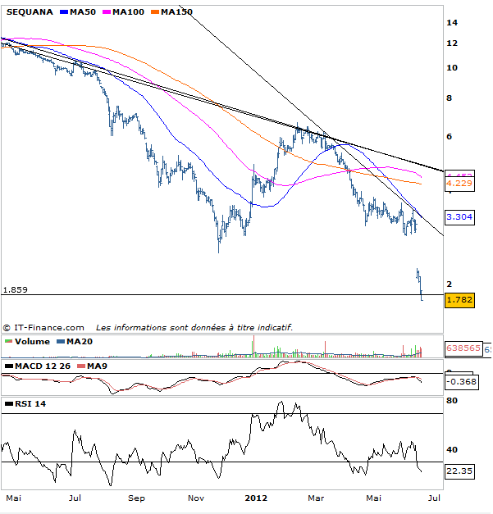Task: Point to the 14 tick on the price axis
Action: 451,22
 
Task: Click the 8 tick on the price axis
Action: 449,98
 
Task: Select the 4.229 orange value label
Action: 459,184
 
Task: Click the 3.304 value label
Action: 459,217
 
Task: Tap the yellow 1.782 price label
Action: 459,300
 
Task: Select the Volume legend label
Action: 32,341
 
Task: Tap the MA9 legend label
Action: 96,365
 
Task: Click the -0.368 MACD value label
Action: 459,381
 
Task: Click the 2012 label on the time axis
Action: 256,498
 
